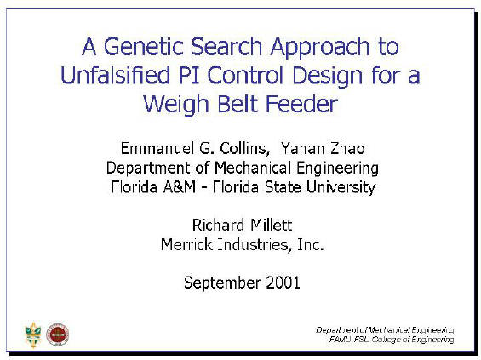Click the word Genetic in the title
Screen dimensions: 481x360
click(x=144, y=47)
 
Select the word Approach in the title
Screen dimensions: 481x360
click(x=320, y=49)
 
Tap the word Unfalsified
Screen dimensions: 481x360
click(x=115, y=75)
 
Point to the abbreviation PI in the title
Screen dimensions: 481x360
click(x=189, y=76)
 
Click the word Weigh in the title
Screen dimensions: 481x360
click(x=176, y=106)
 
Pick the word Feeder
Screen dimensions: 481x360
click(x=301, y=104)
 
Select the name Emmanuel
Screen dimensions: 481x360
click(x=158, y=148)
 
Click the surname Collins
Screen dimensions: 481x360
click(x=244, y=149)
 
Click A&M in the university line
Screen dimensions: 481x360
click(x=180, y=187)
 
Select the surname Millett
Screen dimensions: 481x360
click(x=271, y=225)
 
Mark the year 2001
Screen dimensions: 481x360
click(x=283, y=283)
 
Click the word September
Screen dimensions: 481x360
click(x=222, y=283)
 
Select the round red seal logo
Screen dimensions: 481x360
click(x=57, y=334)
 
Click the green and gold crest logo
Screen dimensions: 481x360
click(x=33, y=335)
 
